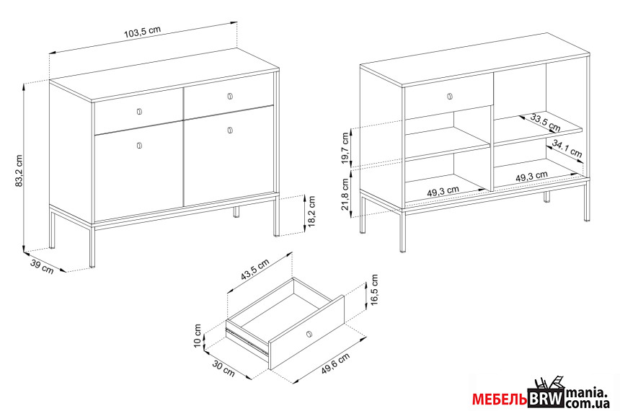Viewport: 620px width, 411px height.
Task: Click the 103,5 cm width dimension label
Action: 142,32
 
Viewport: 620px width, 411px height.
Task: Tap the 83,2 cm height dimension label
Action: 19,170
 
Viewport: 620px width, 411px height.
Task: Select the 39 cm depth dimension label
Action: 42,268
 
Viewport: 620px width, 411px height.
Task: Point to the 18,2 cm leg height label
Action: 312,211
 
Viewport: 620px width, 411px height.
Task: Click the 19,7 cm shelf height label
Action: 345,149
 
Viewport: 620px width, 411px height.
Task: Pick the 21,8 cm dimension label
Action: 345,194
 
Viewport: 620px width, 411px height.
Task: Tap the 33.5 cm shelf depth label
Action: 546,123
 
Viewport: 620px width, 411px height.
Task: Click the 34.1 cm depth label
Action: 567,148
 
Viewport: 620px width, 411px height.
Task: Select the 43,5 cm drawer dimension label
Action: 255,270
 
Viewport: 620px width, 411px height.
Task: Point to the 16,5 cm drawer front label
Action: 375,290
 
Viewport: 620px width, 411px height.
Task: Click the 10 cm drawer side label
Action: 198,335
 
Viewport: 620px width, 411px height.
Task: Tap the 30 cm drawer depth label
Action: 223,368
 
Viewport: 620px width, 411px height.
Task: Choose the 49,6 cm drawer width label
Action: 335,363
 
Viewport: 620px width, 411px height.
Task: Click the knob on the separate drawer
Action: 309,334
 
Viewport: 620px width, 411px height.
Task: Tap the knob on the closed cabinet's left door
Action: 139,146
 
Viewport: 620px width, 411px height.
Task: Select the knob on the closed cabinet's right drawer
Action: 230,96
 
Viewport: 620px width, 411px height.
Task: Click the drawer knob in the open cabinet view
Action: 450,96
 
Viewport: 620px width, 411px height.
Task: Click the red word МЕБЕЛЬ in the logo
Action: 499,400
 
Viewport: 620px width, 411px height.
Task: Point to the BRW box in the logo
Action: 546,398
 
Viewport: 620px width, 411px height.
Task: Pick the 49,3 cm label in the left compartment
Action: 443,192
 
